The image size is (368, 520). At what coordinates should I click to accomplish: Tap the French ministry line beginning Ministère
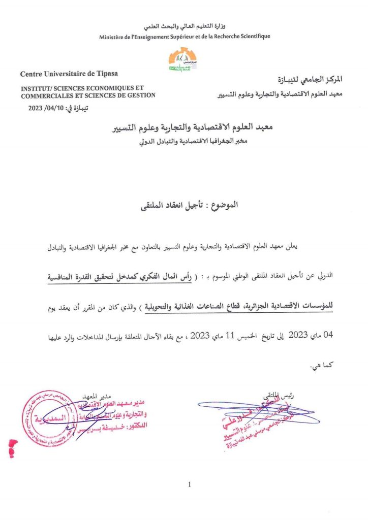tap(185, 36)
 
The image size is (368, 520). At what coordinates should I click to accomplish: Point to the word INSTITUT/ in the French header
tap(38, 88)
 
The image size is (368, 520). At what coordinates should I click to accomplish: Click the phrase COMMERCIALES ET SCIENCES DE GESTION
tap(88, 95)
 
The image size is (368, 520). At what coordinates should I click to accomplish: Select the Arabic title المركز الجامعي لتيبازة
tap(312, 79)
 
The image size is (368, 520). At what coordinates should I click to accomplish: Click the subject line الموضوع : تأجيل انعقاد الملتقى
tap(184, 206)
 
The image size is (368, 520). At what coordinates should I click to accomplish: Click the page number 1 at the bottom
tap(190, 484)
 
